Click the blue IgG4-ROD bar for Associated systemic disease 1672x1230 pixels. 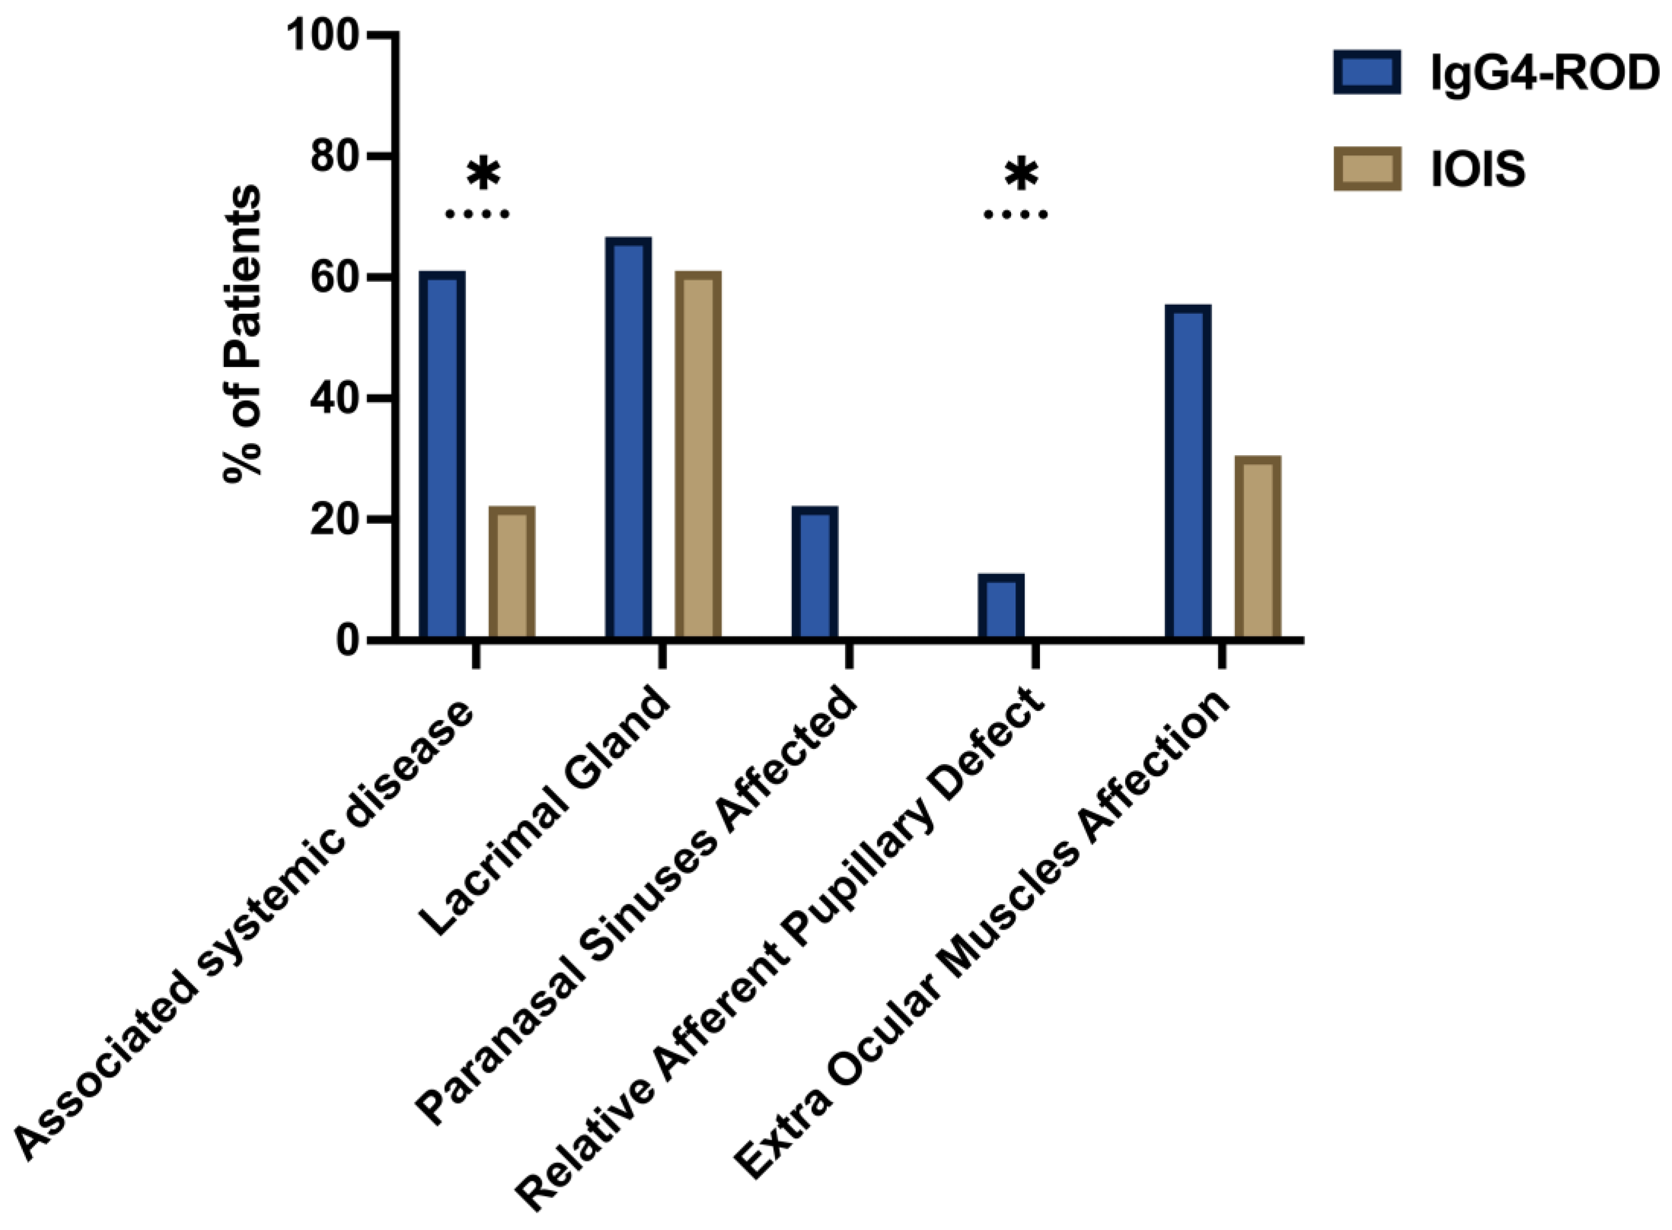coord(442,454)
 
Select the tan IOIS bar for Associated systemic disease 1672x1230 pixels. coord(512,572)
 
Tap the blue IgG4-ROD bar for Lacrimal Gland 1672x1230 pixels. coord(628,438)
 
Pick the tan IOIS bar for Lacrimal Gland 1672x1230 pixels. coord(698,454)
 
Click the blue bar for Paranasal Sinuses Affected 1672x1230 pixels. coord(814,572)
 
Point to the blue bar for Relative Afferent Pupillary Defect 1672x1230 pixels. coord(1001,605)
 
